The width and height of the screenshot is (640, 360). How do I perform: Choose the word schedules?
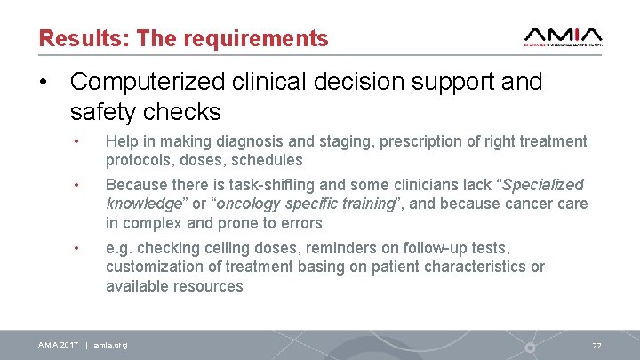(x=266, y=160)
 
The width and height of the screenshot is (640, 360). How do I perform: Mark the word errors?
(x=300, y=223)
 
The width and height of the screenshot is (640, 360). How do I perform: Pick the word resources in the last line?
(x=207, y=286)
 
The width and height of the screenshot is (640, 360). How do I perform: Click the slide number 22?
(x=596, y=345)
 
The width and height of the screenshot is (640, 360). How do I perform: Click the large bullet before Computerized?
(x=42, y=83)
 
